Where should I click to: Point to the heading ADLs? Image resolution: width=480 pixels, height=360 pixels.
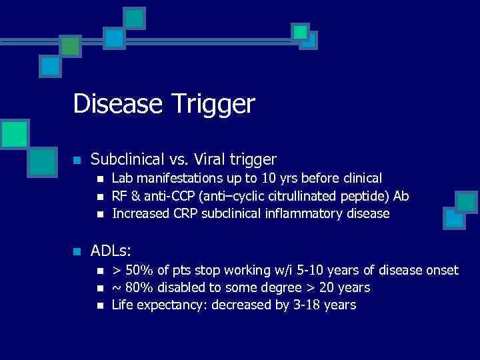click(x=111, y=251)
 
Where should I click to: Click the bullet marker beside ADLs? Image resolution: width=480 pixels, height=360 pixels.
click(x=77, y=251)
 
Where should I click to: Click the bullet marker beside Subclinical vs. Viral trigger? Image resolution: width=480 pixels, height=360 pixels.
click(x=77, y=160)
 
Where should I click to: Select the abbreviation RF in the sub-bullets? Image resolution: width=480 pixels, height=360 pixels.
click(x=119, y=196)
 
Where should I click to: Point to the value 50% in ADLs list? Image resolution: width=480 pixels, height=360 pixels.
click(x=138, y=270)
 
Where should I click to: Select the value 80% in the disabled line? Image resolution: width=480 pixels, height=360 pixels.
click(x=138, y=287)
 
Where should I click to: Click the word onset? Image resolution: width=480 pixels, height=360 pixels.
click(x=441, y=270)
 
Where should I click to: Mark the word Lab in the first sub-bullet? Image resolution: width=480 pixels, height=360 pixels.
click(x=122, y=178)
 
